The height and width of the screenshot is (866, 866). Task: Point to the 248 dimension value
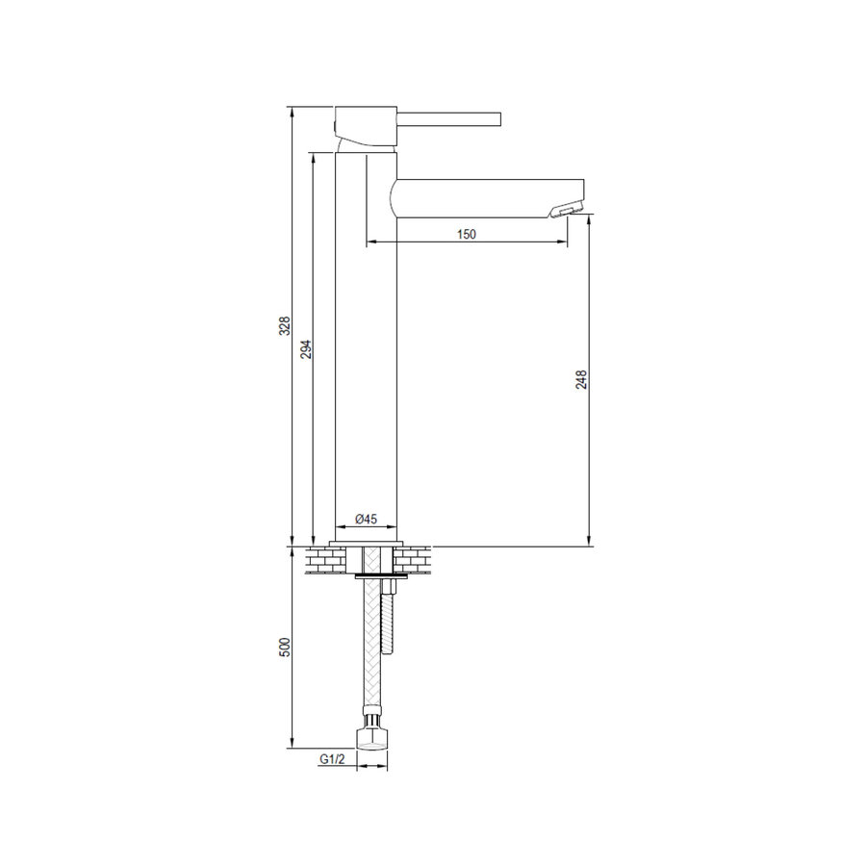pos(581,380)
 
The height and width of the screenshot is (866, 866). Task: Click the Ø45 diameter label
pos(365,519)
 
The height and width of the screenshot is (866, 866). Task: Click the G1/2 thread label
pos(333,759)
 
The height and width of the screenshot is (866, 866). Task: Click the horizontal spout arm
pos(481,196)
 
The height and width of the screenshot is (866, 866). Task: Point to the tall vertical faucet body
pos(365,366)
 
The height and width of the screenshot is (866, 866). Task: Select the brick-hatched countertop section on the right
pos(412,558)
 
